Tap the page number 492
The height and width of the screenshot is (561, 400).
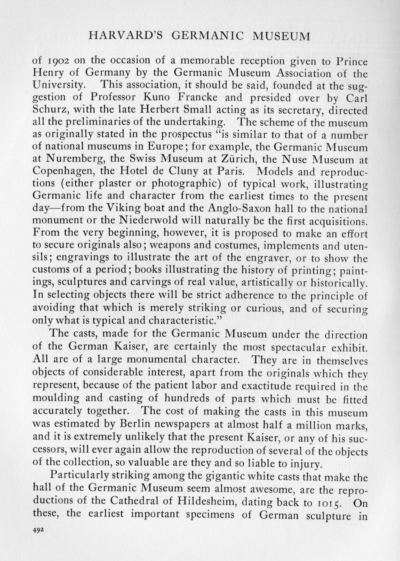click(38, 531)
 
